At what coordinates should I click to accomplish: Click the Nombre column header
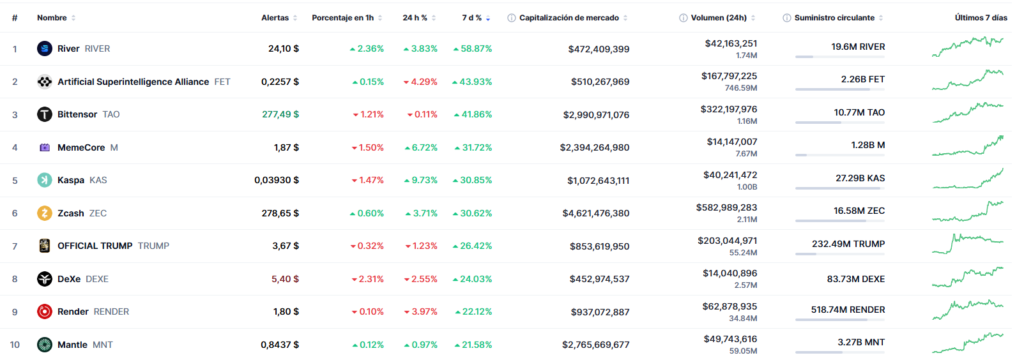tap(51, 18)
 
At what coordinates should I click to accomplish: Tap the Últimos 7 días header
tap(979, 18)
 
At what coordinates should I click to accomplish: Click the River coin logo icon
tap(44, 48)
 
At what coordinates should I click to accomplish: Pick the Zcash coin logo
tap(44, 213)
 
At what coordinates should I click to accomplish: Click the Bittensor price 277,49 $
tap(277, 114)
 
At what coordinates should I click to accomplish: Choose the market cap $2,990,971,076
tap(583, 114)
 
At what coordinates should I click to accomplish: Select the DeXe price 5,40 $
tap(285, 278)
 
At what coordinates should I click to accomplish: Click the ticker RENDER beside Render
tap(113, 311)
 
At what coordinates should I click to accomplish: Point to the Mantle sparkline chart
tap(967, 342)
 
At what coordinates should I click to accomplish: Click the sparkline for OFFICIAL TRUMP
tap(967, 244)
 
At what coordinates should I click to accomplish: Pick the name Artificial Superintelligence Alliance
tap(134, 81)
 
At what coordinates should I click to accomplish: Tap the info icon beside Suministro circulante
tap(788, 18)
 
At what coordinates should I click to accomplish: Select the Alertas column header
tap(275, 18)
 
